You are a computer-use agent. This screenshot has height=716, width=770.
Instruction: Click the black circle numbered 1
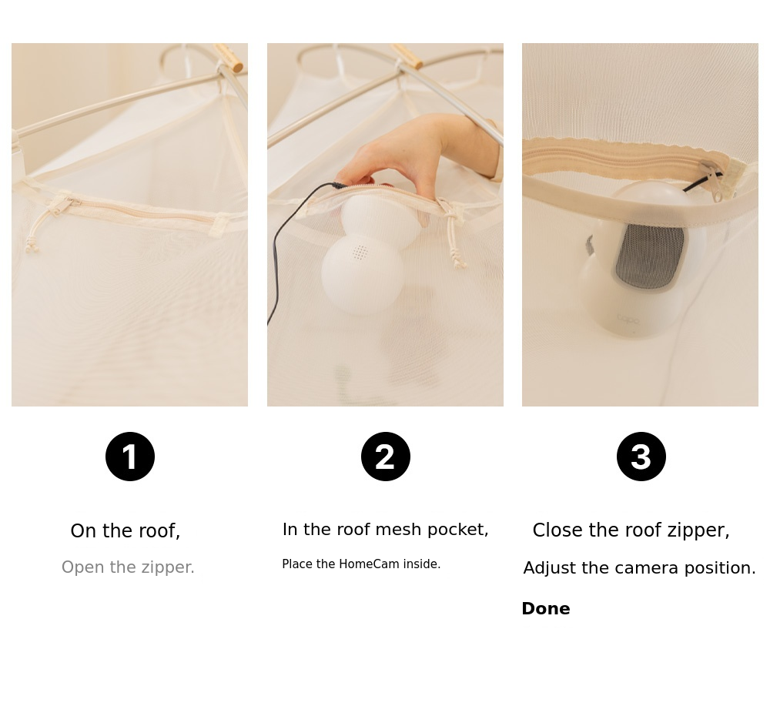tap(130, 457)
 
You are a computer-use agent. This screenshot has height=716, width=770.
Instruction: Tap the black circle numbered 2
tap(386, 457)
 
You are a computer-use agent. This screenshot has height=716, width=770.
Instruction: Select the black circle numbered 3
tap(641, 457)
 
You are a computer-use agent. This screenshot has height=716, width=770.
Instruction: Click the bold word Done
tap(546, 608)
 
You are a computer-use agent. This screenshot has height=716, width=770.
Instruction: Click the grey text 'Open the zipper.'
tap(128, 567)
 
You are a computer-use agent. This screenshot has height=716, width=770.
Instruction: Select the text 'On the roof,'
tap(126, 531)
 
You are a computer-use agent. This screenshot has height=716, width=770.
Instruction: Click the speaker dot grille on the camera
tap(360, 253)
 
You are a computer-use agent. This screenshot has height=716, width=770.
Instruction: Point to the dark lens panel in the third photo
tap(650, 256)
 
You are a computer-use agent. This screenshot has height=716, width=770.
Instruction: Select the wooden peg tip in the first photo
tap(238, 66)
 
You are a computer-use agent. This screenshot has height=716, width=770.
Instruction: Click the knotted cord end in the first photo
tap(32, 245)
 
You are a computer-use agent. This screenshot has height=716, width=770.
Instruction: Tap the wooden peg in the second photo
tap(407, 56)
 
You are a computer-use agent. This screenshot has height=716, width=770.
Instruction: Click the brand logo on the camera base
tap(628, 320)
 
